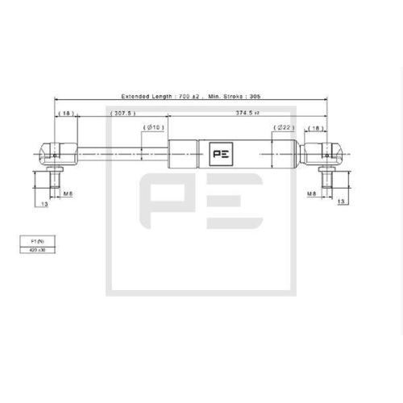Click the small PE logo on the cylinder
219,152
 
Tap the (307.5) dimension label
123,114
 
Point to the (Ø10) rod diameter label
153,127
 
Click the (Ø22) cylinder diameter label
283,127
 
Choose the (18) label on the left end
65,114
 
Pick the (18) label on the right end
316,127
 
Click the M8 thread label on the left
68,194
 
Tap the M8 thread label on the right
311,194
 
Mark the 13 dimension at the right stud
341,200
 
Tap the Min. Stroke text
226,96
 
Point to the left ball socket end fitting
55,152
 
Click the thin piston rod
121,152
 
